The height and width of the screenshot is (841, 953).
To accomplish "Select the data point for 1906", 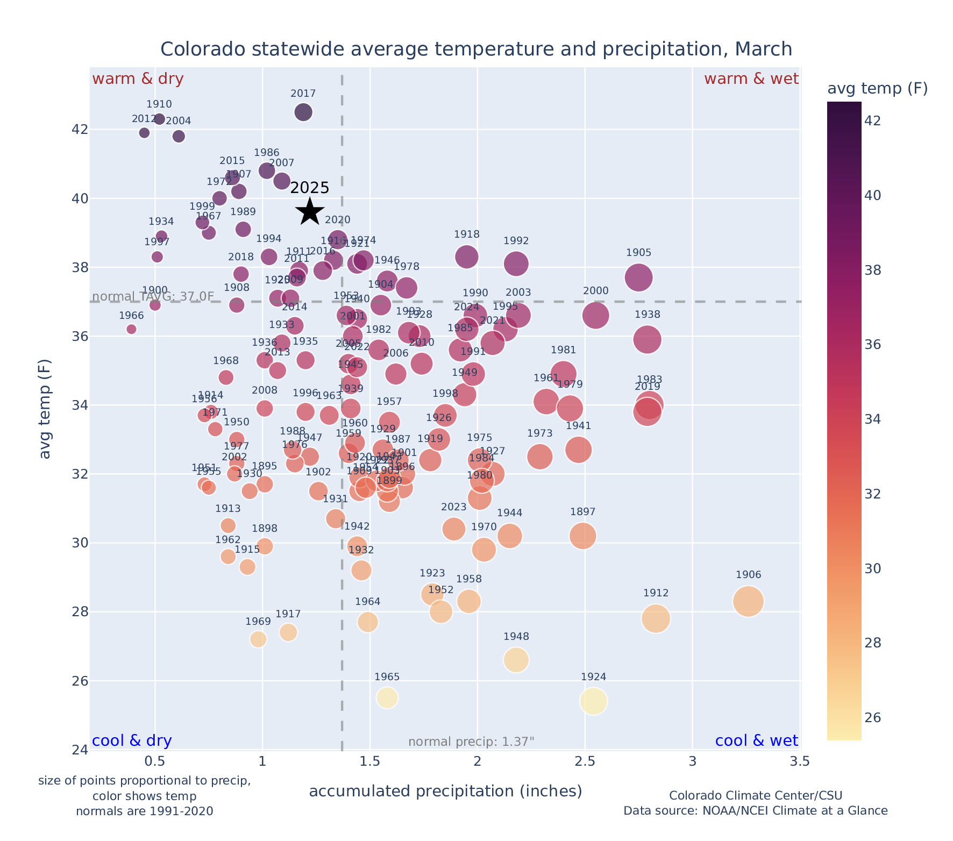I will (x=748, y=601).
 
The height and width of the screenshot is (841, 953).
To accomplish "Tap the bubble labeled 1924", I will (x=593, y=701).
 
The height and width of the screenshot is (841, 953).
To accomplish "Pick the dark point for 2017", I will (x=303, y=112).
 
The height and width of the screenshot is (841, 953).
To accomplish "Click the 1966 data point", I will (x=131, y=329).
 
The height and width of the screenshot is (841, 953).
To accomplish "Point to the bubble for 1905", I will (x=638, y=277).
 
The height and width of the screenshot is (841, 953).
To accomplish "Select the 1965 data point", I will (x=387, y=698).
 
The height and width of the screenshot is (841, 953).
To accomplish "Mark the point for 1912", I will (x=656, y=618).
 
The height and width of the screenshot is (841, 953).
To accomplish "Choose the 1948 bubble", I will (x=516, y=660).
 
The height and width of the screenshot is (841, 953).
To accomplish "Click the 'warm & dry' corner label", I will (x=138, y=79).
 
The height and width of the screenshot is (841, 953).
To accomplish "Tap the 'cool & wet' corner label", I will (x=756, y=741).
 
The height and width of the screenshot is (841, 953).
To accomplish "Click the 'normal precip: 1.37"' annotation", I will (x=471, y=742).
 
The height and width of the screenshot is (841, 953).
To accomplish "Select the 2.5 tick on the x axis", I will (x=585, y=761).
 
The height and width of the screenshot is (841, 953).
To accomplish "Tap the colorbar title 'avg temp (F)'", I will (x=877, y=89).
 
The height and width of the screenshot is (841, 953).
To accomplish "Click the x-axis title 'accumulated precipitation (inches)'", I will (x=445, y=791).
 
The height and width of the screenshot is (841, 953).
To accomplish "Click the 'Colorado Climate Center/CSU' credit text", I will (x=755, y=796).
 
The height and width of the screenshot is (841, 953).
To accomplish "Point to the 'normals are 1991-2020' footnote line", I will (x=144, y=811).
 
